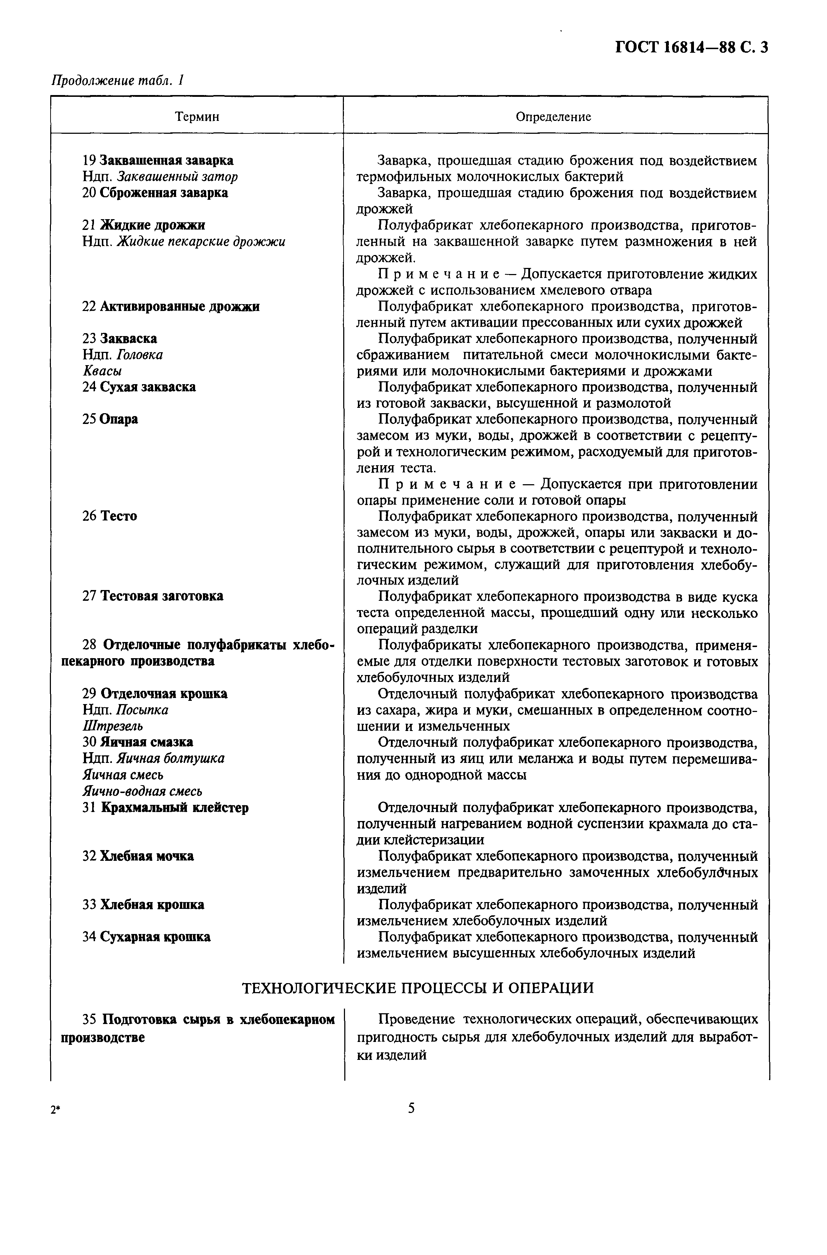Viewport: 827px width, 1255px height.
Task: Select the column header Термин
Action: pyautogui.click(x=197, y=117)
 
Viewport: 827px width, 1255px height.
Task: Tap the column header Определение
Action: pyautogui.click(x=553, y=117)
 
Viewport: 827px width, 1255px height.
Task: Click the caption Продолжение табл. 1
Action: pyautogui.click(x=117, y=80)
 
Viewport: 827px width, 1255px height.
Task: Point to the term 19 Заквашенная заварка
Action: pyautogui.click(x=158, y=160)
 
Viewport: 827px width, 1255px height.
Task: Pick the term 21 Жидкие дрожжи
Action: pyautogui.click(x=143, y=225)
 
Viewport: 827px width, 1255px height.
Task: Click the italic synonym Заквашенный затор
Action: pyautogui.click(x=177, y=176)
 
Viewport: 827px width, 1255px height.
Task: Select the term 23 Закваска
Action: pyautogui.click(x=120, y=338)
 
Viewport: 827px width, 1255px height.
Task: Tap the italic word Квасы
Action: pyautogui.click(x=102, y=371)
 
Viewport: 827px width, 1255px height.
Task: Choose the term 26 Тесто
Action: pyautogui.click(x=110, y=516)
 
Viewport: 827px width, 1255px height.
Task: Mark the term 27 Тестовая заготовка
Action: pyautogui.click(x=152, y=596)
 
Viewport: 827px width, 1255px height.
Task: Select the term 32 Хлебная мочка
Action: pyautogui.click(x=138, y=856)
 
